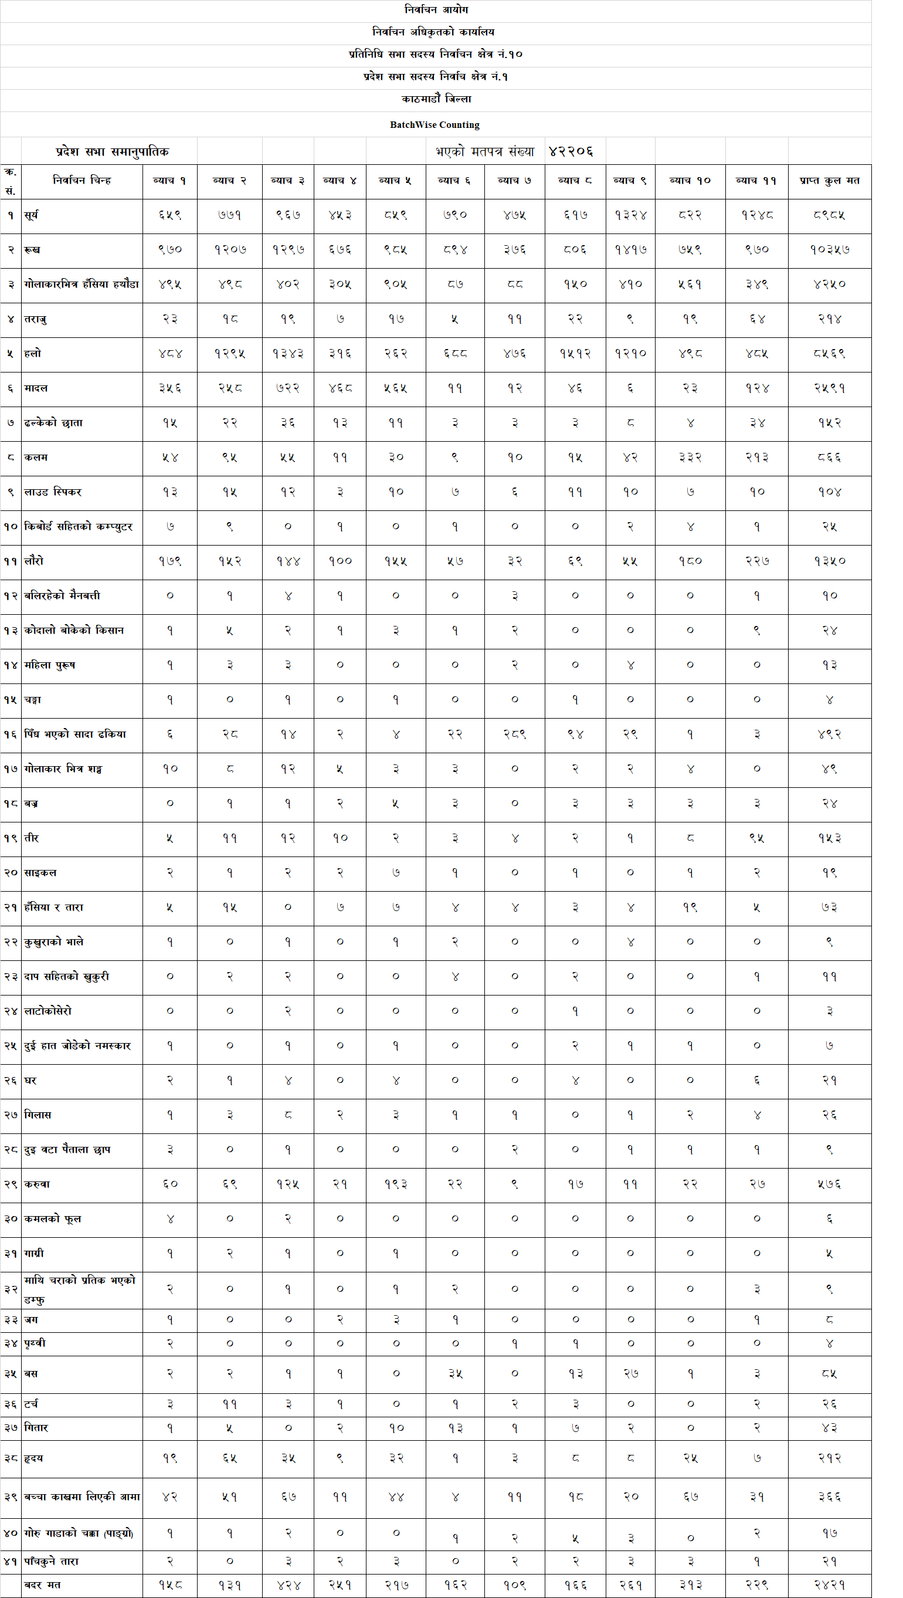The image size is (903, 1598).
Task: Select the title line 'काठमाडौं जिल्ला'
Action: tap(436, 99)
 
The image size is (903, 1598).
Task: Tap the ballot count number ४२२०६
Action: tap(571, 151)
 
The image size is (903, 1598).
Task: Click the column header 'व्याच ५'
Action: tap(395, 181)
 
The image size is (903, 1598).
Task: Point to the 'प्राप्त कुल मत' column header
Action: tap(829, 181)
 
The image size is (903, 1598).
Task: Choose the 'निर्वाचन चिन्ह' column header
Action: tap(82, 181)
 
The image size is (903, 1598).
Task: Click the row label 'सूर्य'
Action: tap(32, 215)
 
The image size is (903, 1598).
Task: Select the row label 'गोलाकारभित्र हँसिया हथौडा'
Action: tap(82, 284)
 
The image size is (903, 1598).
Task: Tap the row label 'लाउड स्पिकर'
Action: tap(53, 492)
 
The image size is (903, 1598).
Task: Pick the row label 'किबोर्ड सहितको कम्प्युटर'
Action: tap(78, 527)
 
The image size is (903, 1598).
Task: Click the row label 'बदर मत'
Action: tap(42, 1585)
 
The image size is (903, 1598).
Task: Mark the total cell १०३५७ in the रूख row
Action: tap(829, 250)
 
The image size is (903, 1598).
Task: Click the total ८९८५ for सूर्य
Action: tap(829, 215)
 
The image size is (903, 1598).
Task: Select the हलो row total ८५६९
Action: tap(829, 354)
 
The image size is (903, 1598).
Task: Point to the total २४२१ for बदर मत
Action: tap(829, 1585)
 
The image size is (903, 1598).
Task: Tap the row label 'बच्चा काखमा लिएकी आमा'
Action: tap(82, 1497)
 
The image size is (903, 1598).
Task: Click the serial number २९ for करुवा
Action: tap(11, 1184)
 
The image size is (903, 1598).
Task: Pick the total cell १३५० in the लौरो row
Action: tap(829, 561)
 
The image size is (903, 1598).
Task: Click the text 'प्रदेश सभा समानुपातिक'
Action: tap(112, 151)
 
